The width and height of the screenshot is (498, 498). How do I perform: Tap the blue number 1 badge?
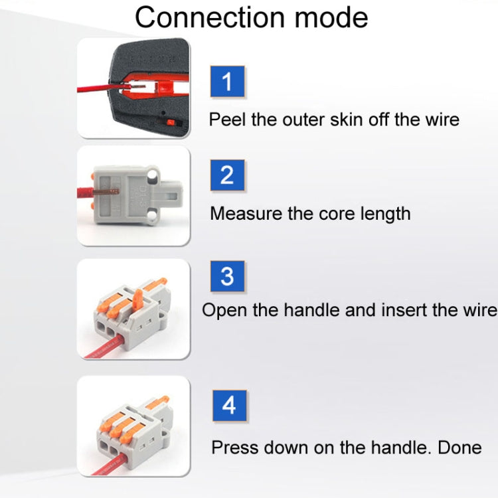pyautogui.click(x=228, y=82)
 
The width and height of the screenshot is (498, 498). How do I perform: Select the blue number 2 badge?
pyautogui.click(x=227, y=176)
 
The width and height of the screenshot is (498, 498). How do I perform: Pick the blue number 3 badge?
pyautogui.click(x=227, y=276)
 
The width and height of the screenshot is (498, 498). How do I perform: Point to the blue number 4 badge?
pyautogui.click(x=229, y=405)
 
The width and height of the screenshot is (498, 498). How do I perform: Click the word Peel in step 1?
pyautogui.click(x=226, y=120)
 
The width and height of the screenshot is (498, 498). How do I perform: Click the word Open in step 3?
pyautogui.click(x=222, y=310)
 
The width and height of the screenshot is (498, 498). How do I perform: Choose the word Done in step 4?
pyautogui.click(x=459, y=448)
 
